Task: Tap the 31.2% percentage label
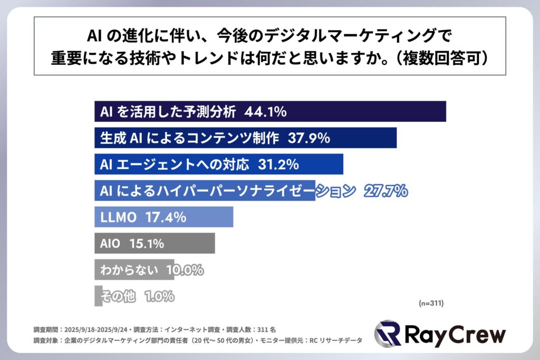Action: coord(278,164)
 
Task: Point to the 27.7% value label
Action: coord(385,191)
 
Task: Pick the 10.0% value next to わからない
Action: coord(185,270)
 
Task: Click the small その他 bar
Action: coord(98,296)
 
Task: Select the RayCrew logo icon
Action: coord(387,334)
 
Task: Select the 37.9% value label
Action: coord(309,138)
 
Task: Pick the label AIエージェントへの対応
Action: coord(174,164)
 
